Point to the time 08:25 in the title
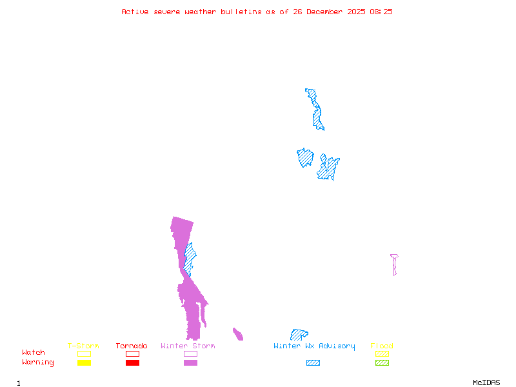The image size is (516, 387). click(x=381, y=12)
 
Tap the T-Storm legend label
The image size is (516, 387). click(x=83, y=346)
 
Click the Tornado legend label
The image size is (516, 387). click(x=132, y=346)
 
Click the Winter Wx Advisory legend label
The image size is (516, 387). click(x=314, y=346)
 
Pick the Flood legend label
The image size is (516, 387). click(x=382, y=346)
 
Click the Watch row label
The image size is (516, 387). click(x=34, y=353)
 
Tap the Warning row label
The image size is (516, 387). click(x=38, y=362)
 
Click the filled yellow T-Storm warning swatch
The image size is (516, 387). click(x=84, y=363)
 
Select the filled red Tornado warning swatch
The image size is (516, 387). click(x=132, y=363)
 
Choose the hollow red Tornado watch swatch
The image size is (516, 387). click(x=132, y=353)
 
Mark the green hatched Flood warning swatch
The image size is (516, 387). click(x=382, y=363)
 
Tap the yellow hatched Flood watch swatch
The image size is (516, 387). click(x=382, y=353)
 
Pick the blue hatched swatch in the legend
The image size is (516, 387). click(x=313, y=363)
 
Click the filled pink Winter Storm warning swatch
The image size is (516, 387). click(x=190, y=363)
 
